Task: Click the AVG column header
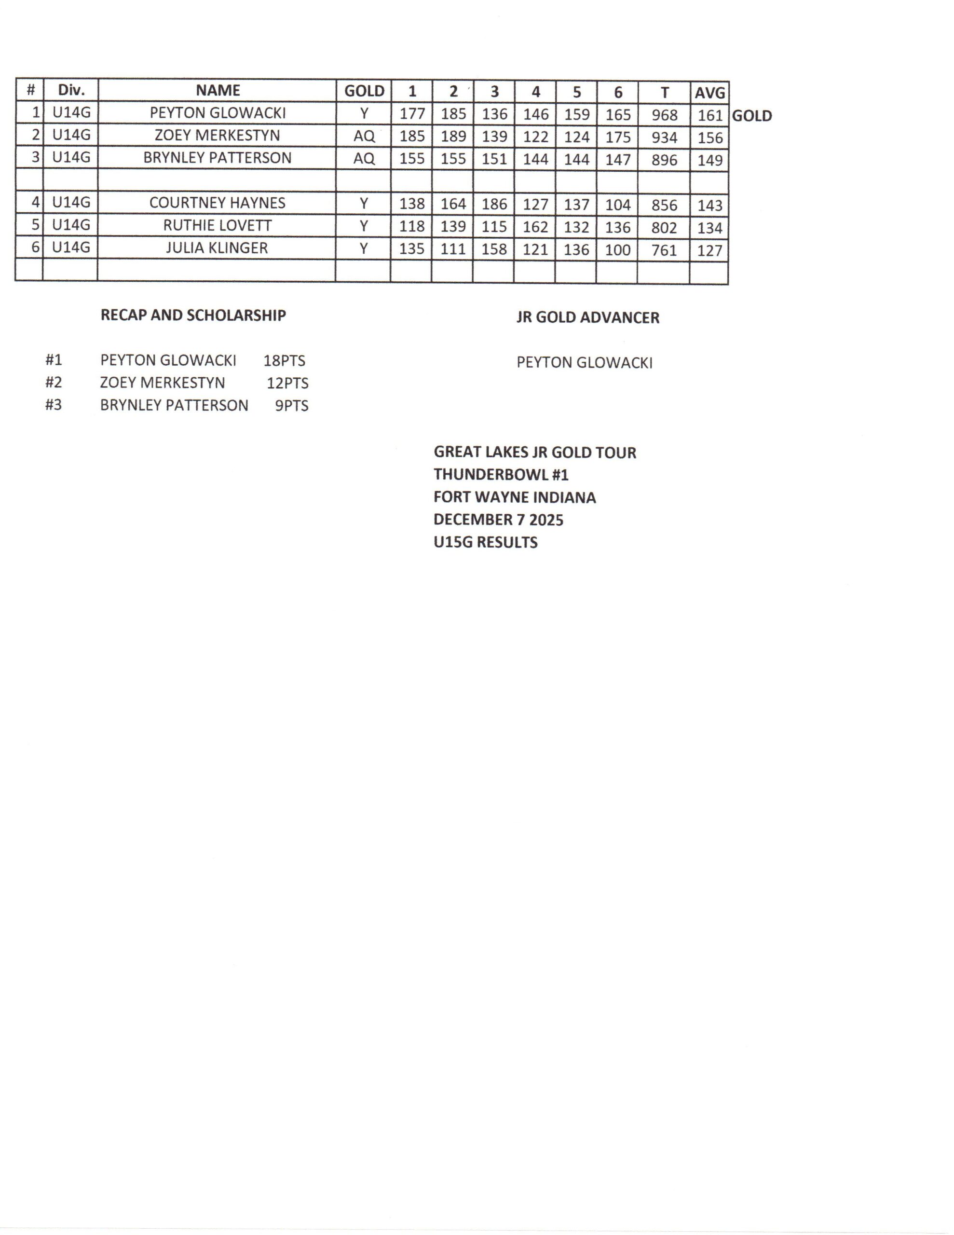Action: (x=709, y=92)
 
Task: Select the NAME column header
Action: (x=218, y=91)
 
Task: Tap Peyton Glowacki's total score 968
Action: (x=664, y=115)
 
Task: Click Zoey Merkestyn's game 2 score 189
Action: (x=453, y=136)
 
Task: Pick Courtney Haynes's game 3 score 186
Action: (x=494, y=204)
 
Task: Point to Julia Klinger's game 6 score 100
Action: (x=617, y=249)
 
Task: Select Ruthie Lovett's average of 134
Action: (x=709, y=228)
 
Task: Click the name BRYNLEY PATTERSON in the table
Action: (x=217, y=158)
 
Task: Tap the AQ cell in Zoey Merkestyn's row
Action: (x=364, y=136)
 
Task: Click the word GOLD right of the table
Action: (x=751, y=116)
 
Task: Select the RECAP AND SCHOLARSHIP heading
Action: (x=193, y=316)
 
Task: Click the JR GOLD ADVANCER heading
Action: (x=587, y=318)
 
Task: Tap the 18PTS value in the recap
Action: (x=284, y=361)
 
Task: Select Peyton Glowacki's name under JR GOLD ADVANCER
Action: (x=584, y=362)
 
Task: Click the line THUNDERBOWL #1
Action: (x=501, y=474)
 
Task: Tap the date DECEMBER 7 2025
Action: (x=498, y=520)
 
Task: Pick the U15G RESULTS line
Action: (x=485, y=542)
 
